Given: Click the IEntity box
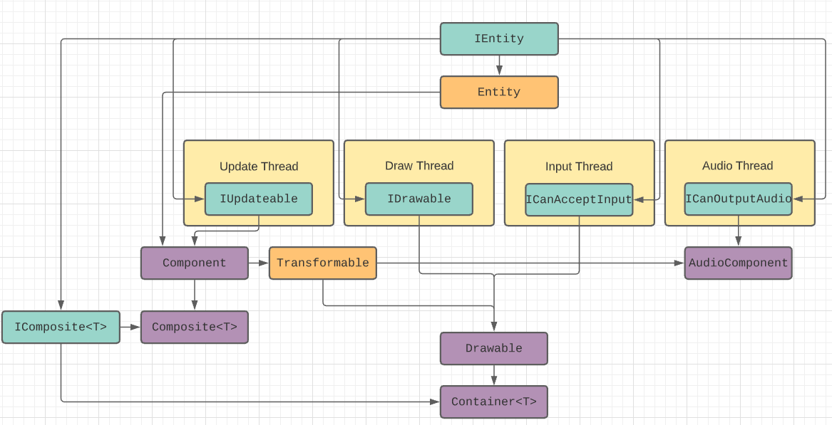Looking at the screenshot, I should click(x=499, y=38).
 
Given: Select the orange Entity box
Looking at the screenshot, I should click(x=499, y=92).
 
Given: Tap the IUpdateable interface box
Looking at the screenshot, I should click(x=258, y=199).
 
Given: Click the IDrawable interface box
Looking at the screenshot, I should click(x=418, y=199).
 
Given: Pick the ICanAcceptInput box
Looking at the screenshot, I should click(x=579, y=200).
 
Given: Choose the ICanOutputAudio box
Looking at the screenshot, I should click(x=738, y=199).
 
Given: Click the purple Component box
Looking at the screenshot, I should click(x=194, y=263).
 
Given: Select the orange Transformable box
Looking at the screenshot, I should click(x=322, y=263).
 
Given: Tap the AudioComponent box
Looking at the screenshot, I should click(x=738, y=263).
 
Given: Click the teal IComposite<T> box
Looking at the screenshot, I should click(x=61, y=327).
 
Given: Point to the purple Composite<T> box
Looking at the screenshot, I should click(x=194, y=327).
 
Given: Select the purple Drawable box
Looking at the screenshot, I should click(x=493, y=348).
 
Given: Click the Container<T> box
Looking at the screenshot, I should click(x=493, y=402).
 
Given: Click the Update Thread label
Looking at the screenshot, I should click(x=259, y=167).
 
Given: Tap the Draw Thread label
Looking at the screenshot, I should click(x=419, y=166).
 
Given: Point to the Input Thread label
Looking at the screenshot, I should click(x=579, y=167).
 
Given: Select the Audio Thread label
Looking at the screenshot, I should click(x=738, y=166).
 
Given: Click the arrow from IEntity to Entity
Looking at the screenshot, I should click(x=499, y=65).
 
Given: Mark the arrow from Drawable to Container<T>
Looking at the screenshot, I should click(x=493, y=375).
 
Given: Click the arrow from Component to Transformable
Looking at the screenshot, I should click(x=259, y=263).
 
